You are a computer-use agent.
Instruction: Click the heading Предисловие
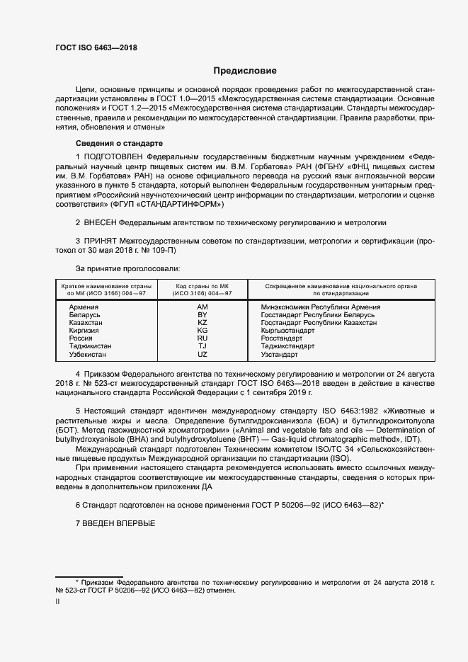pyautogui.click(x=245, y=71)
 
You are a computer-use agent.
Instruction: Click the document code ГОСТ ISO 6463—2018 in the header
pyautogui.click(x=96, y=48)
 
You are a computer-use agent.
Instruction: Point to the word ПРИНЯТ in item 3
pyautogui.click(x=101, y=241)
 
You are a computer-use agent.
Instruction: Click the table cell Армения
pyautogui.click(x=84, y=307)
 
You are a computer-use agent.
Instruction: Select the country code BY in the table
pyautogui.click(x=202, y=315)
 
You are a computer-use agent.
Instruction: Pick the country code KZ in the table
pyautogui.click(x=202, y=323)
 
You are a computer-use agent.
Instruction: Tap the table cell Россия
pyautogui.click(x=81, y=338)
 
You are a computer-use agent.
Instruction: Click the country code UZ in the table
pyautogui.click(x=202, y=354)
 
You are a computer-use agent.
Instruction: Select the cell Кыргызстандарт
pyautogui.click(x=287, y=331)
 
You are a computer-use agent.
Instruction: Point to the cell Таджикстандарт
pyautogui.click(x=289, y=346)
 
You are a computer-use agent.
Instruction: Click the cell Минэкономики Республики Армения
pyautogui.click(x=320, y=307)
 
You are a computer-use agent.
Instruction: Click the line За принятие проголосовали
pyautogui.click(x=127, y=269)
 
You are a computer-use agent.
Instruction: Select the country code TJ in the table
pyautogui.click(x=202, y=346)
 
